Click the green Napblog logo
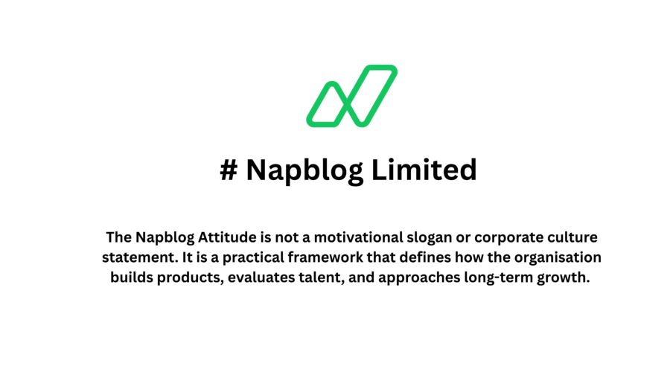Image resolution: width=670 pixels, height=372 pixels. pos(351,95)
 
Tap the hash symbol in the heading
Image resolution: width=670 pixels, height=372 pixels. pos(229,170)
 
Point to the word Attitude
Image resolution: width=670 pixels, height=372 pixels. pos(227,239)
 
